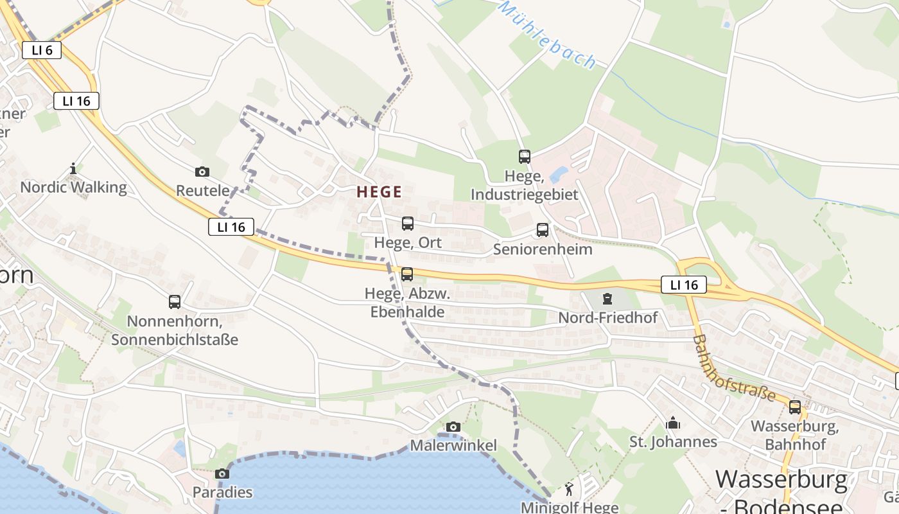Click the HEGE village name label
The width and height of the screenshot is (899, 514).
pyautogui.click(x=380, y=191)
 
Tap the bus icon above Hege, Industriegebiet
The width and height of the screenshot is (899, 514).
pyautogui.click(x=525, y=156)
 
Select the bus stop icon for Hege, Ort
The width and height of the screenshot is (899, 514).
pyautogui.click(x=408, y=224)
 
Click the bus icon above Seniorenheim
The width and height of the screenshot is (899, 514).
pyautogui.click(x=543, y=230)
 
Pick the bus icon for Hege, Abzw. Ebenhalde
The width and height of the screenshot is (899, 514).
pyautogui.click(x=407, y=274)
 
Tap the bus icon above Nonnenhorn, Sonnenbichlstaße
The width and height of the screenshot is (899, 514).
pyautogui.click(x=174, y=302)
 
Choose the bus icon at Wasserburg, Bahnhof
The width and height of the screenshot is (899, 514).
pyautogui.click(x=795, y=407)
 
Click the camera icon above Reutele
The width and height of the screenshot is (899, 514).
pyautogui.click(x=202, y=172)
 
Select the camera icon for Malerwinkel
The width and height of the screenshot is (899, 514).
pyautogui.click(x=453, y=427)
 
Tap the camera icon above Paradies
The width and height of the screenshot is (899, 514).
pyautogui.click(x=222, y=474)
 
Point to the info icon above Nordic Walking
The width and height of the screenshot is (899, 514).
pyautogui.click(x=73, y=169)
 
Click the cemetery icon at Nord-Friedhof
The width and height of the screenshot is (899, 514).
pyautogui.click(x=607, y=299)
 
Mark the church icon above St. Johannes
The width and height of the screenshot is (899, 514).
pyautogui.click(x=673, y=423)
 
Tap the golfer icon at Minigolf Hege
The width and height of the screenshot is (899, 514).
pyautogui.click(x=569, y=490)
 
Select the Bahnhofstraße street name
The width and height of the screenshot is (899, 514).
pyautogui.click(x=734, y=368)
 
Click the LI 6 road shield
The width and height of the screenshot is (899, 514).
pyautogui.click(x=42, y=50)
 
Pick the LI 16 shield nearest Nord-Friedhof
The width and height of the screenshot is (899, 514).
pyautogui.click(x=683, y=285)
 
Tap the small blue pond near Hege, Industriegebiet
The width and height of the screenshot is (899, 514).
pyautogui.click(x=558, y=175)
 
